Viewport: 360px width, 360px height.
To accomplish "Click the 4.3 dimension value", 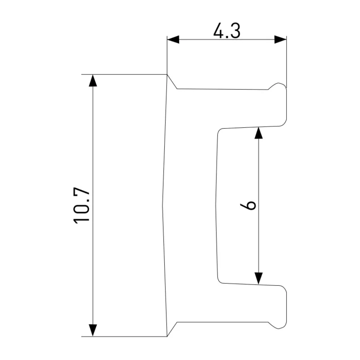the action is pyautogui.click(x=227, y=31).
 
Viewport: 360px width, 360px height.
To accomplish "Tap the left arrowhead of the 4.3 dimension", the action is pyautogui.click(x=173, y=40).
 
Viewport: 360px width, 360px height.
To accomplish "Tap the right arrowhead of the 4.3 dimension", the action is pyautogui.click(x=280, y=40).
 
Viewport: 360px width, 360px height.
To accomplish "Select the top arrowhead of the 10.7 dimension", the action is pyautogui.click(x=93, y=81).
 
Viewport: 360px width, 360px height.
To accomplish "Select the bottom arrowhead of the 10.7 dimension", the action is pyautogui.click(x=93, y=330).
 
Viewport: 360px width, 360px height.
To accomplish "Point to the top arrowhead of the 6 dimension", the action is pyautogui.click(x=258, y=133).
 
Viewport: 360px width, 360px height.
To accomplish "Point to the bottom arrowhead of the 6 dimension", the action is pyautogui.click(x=258, y=279).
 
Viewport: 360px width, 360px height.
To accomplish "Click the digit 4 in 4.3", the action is pyautogui.click(x=218, y=31).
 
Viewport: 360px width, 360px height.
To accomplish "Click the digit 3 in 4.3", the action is pyautogui.click(x=235, y=31).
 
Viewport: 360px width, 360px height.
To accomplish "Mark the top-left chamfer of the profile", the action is pyautogui.click(x=172, y=81).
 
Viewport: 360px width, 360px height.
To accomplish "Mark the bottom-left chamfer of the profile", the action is pyautogui.click(x=172, y=329).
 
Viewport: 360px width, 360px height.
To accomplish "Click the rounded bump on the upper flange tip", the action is pyautogui.click(x=277, y=86).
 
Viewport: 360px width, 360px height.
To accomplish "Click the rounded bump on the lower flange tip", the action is pyautogui.click(x=277, y=325).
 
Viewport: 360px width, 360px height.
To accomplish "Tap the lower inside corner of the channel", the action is pyautogui.click(x=219, y=281).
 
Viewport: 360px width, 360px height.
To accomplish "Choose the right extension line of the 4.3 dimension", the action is pyautogui.click(x=287, y=62).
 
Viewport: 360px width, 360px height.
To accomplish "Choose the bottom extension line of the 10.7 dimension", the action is pyautogui.click(x=124, y=337).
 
